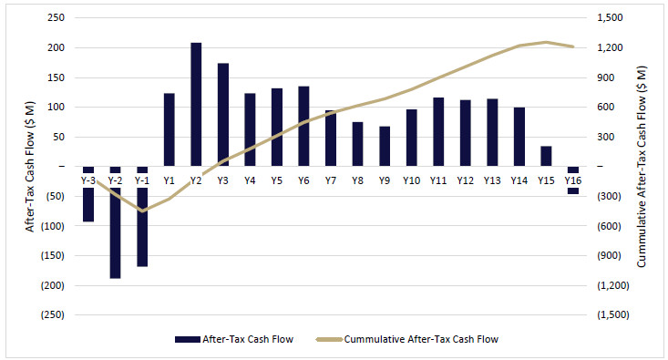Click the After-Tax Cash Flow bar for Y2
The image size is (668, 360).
196,105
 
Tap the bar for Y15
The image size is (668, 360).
546,156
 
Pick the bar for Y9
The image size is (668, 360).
385,146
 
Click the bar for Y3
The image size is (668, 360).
223,115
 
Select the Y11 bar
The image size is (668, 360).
438,131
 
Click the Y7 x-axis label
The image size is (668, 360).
331,180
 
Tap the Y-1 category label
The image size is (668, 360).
142,180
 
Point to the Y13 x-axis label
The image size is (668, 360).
492,180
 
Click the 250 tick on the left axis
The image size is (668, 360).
57,17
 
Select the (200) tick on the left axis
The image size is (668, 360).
52,285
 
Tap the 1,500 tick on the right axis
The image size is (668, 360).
610,17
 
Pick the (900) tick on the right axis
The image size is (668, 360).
609,255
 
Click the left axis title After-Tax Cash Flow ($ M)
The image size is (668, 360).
29,167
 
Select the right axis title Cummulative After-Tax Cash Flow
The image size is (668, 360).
642,167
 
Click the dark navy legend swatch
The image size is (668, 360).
188,340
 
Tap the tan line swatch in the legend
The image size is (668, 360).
329,340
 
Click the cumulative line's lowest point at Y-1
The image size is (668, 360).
142,211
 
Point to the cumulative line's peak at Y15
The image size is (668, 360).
546,42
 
